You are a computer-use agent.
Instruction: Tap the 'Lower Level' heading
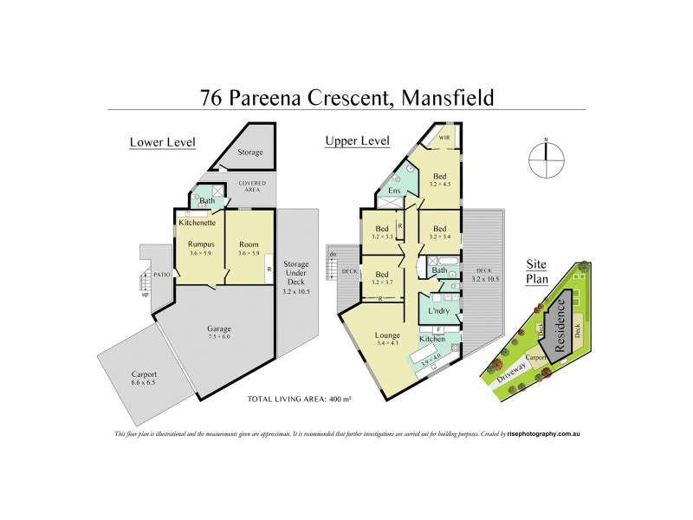[162, 142]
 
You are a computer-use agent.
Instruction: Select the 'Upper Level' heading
[357, 140]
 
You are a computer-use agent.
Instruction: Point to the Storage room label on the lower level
[250, 153]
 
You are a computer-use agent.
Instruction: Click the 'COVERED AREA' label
[253, 187]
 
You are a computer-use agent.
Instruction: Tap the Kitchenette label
[198, 223]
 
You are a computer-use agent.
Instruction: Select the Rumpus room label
[201, 244]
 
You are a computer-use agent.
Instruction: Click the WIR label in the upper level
[444, 137]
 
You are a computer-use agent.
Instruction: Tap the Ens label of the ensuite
[394, 191]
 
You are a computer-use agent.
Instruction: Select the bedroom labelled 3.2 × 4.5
[441, 179]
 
